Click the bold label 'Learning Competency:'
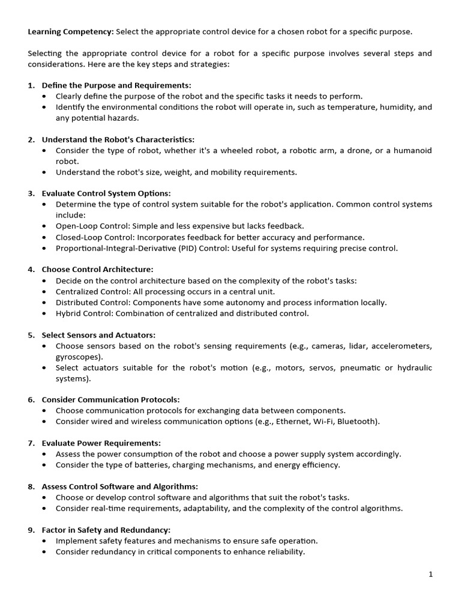coord(70,32)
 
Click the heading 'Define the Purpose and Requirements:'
coord(116,85)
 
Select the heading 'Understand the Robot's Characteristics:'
coord(118,139)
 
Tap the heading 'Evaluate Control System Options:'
coord(106,193)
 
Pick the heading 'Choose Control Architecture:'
coord(97,270)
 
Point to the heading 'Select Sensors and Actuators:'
coord(98,335)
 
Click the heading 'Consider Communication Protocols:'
coord(110,399)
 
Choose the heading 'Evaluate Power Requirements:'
coord(101,443)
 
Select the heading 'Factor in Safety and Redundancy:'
coord(106,530)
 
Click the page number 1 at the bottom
coord(430,574)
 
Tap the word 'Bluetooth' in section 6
coord(357,422)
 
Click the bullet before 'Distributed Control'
coord(45,303)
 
